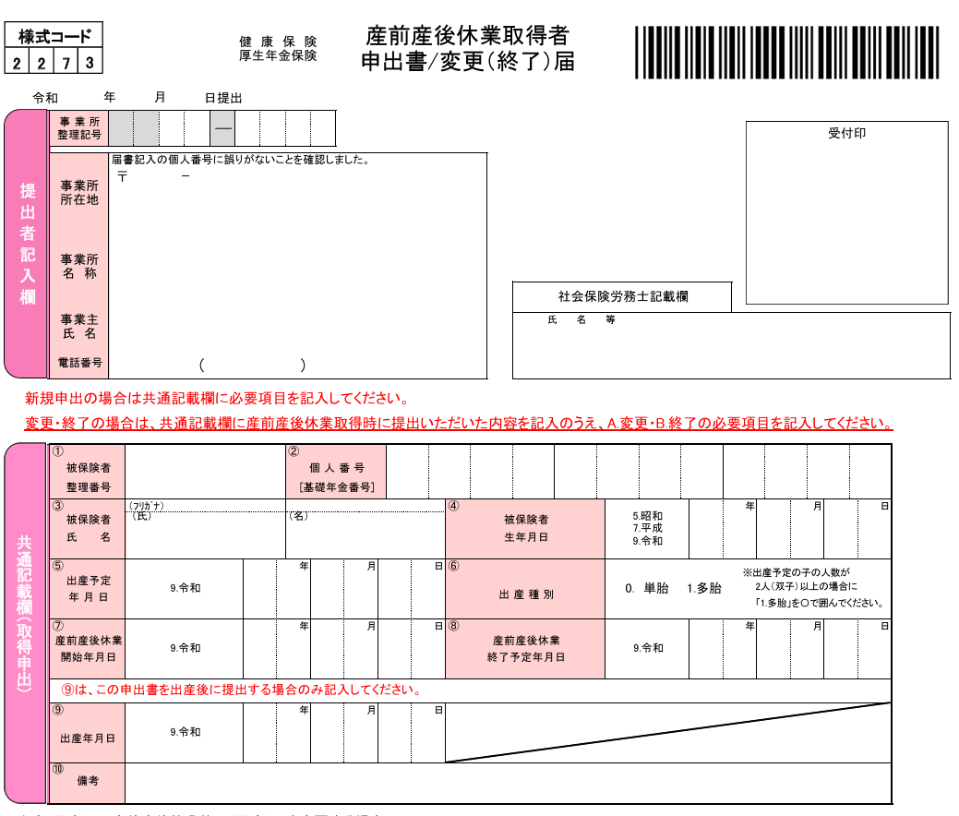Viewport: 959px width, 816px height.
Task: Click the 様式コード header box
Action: point(54,37)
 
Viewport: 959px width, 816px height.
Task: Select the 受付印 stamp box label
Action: point(846,134)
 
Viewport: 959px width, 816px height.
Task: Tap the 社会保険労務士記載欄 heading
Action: point(622,297)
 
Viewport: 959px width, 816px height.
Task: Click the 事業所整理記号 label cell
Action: point(79,128)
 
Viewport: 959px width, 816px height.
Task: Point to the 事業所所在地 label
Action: point(79,193)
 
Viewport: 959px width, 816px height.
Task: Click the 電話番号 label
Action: point(79,364)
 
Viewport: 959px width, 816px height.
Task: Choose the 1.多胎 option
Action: point(704,589)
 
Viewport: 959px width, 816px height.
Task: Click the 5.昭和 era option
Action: point(647,517)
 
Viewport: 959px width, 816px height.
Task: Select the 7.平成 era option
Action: point(647,529)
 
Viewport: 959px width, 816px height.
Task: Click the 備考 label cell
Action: point(87,783)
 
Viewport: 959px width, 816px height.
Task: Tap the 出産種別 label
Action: point(526,594)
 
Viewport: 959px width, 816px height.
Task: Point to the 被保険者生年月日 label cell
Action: point(526,529)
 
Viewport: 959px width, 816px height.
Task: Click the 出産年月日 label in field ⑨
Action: point(87,738)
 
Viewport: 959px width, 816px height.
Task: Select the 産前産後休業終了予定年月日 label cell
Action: point(526,649)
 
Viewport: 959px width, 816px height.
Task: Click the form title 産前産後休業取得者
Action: point(467,36)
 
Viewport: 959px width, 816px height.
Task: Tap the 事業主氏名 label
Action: point(79,326)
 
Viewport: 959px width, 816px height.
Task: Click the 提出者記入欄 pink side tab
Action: point(26,244)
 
